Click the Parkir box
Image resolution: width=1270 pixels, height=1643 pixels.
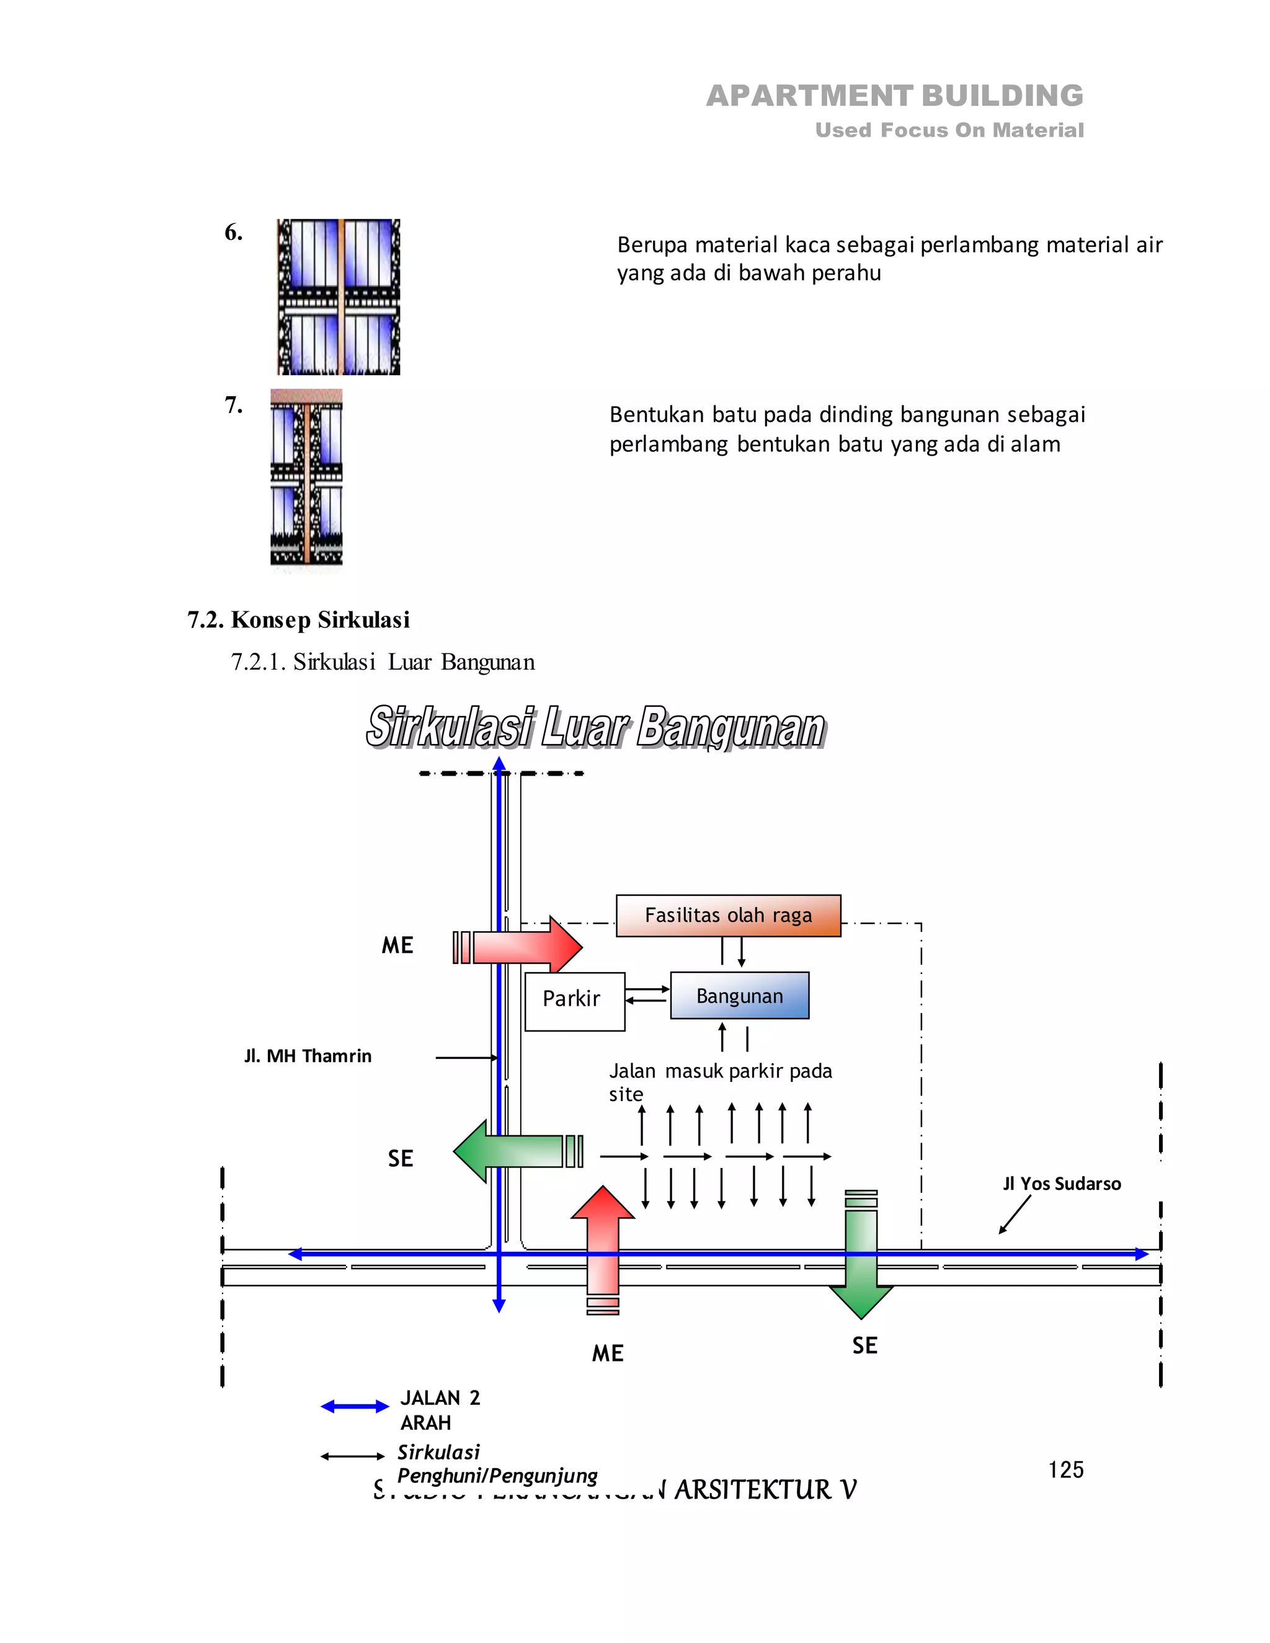574,1001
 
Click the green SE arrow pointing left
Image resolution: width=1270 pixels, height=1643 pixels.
512,1150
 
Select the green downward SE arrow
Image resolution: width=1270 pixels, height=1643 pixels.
861,1264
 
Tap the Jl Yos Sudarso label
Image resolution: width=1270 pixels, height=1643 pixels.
1061,1184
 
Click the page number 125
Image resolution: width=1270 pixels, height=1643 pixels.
1065,1469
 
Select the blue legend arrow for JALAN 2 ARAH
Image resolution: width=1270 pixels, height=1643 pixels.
354,1406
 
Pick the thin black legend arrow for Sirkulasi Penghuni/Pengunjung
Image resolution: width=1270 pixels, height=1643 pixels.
352,1456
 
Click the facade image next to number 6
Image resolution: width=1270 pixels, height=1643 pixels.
339,296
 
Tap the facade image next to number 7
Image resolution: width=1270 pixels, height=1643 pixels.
306,477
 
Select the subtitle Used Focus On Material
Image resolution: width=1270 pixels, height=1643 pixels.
949,130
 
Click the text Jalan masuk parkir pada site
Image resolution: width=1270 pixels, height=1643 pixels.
719,1081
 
